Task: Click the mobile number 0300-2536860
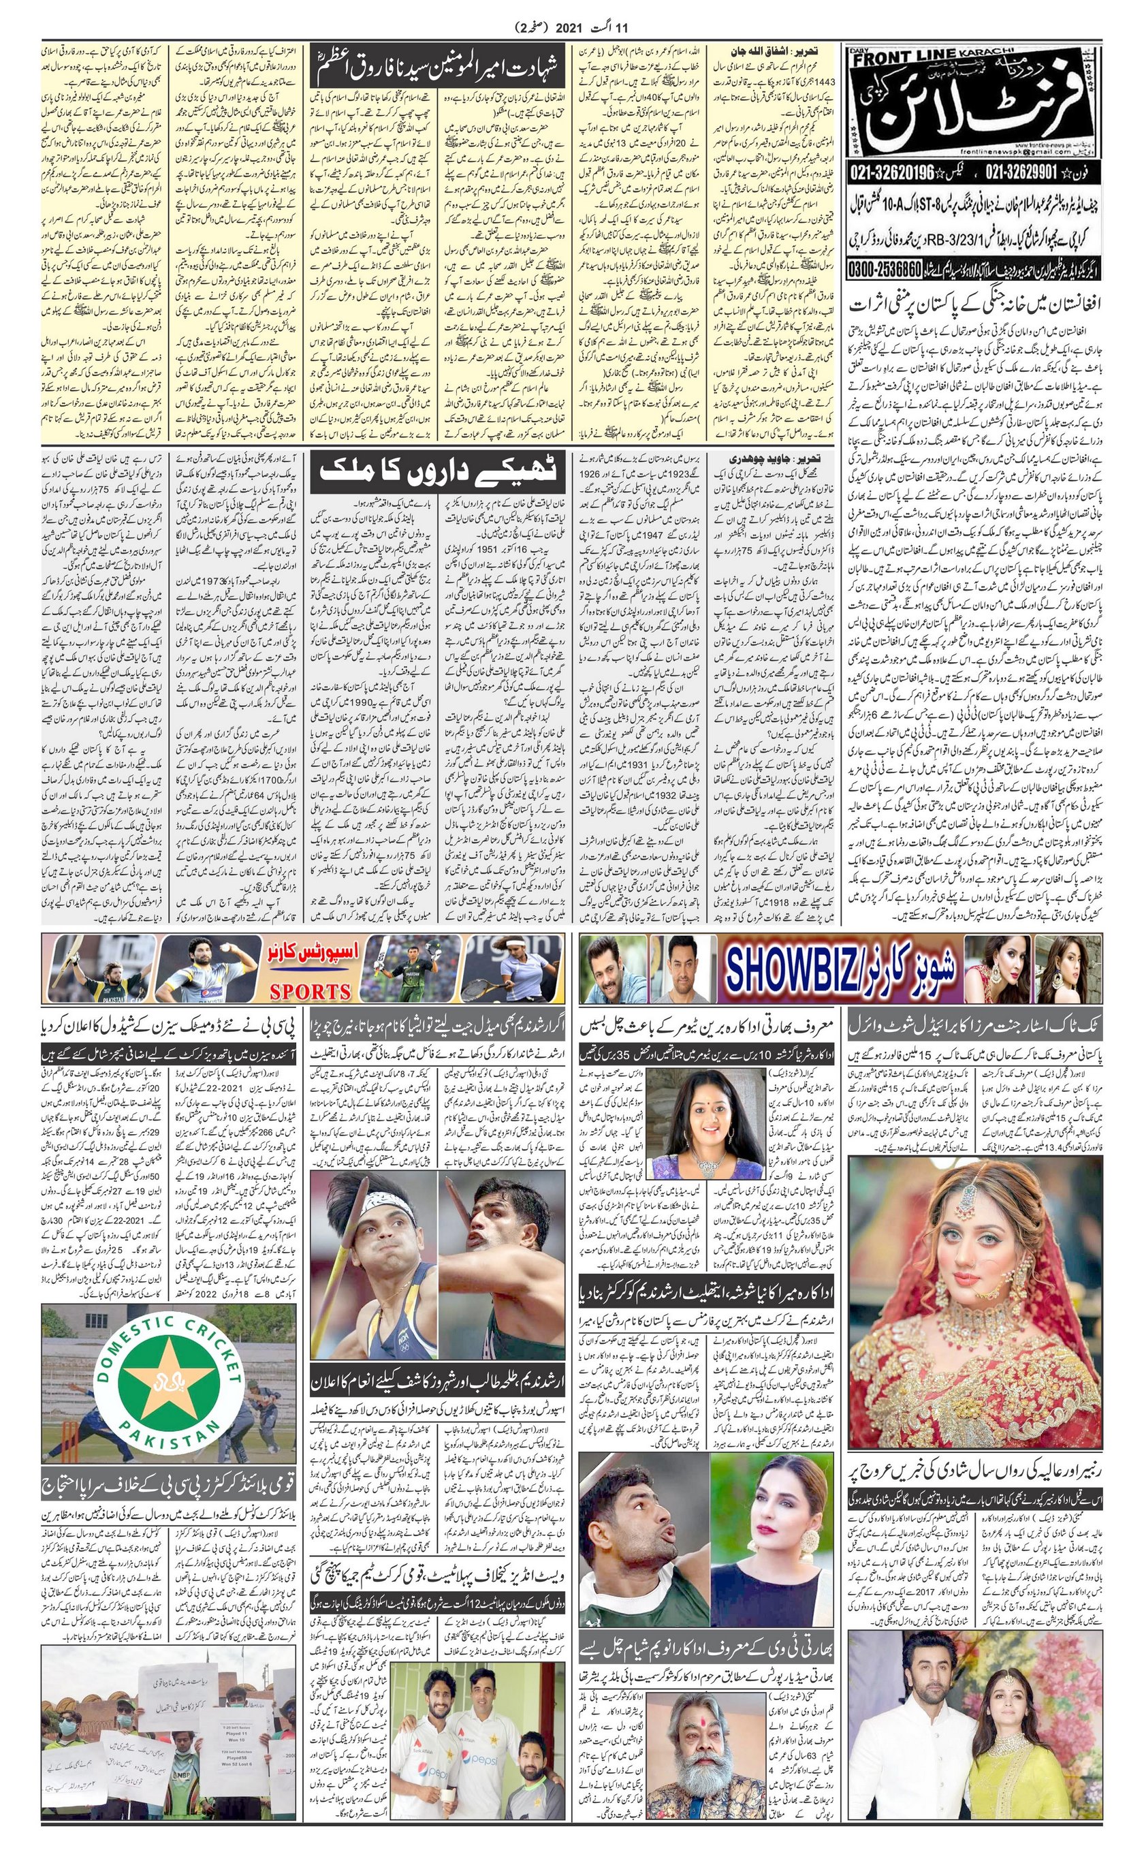886,268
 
